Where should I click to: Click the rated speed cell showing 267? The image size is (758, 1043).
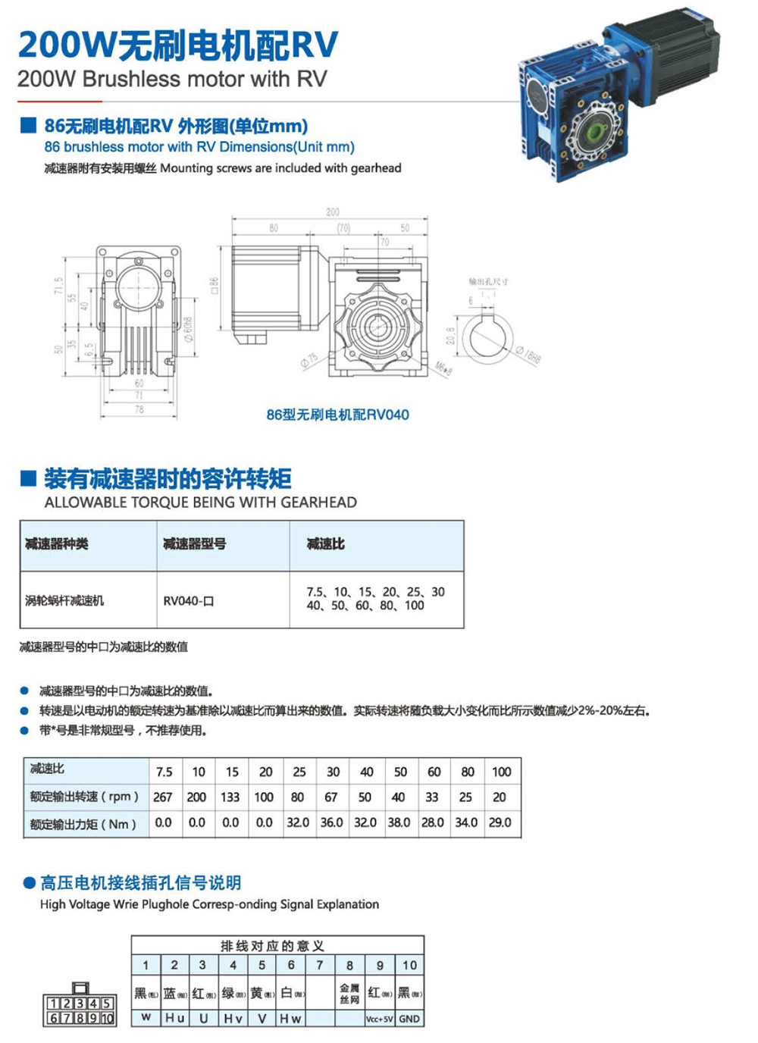coord(163,797)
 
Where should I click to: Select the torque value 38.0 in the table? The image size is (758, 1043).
coord(399,822)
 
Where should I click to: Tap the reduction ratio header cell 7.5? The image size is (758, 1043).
coord(164,772)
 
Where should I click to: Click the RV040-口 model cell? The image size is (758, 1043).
coord(189,601)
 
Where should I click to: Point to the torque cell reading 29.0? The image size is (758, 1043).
coord(500,822)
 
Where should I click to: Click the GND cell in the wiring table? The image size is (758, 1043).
coord(409,1019)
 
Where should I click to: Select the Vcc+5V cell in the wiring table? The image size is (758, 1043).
coord(379,1019)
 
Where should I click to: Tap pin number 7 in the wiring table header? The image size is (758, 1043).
coord(320,965)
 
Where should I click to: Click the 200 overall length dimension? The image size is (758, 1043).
coord(333,212)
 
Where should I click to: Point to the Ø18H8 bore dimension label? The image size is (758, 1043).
coord(528,355)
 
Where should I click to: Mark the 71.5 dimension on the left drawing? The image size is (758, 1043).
coord(58,287)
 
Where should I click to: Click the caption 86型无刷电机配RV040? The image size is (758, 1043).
coord(337,415)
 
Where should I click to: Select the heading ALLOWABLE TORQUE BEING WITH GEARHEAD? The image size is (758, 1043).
coord(200,502)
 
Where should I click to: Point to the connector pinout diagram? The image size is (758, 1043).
coord(80,1005)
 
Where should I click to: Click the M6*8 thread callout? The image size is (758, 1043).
coord(443,368)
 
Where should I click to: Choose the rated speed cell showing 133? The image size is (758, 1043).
coord(230,797)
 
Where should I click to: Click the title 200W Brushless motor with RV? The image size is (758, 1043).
coord(172,79)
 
